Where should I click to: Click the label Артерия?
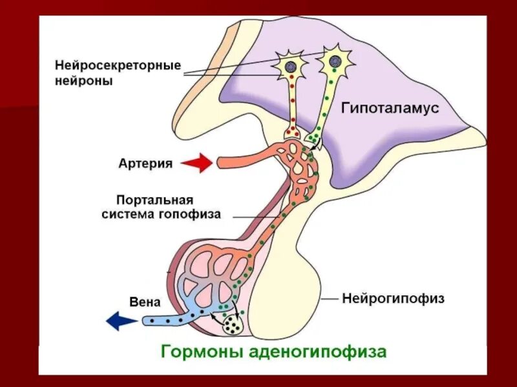145,164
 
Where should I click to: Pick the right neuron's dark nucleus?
334,61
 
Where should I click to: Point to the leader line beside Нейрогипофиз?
330,299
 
